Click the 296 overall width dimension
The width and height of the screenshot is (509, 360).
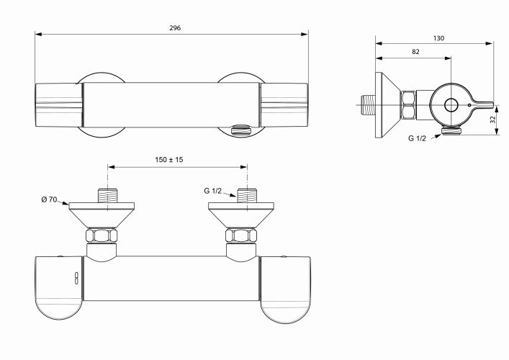coord(175,28)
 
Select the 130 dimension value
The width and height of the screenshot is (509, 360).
coord(438,38)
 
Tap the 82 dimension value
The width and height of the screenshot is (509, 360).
coord(415,52)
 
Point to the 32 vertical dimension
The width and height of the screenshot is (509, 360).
coord(493,120)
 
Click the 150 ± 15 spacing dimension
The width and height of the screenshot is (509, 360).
coord(168,160)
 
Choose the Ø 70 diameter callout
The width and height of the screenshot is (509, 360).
coord(49,199)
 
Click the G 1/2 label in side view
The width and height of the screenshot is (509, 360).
coord(417,138)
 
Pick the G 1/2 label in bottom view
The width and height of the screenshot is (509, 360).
coord(212,191)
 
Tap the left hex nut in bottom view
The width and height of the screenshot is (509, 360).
coord(102,235)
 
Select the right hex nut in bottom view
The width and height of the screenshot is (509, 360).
coord(241,235)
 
